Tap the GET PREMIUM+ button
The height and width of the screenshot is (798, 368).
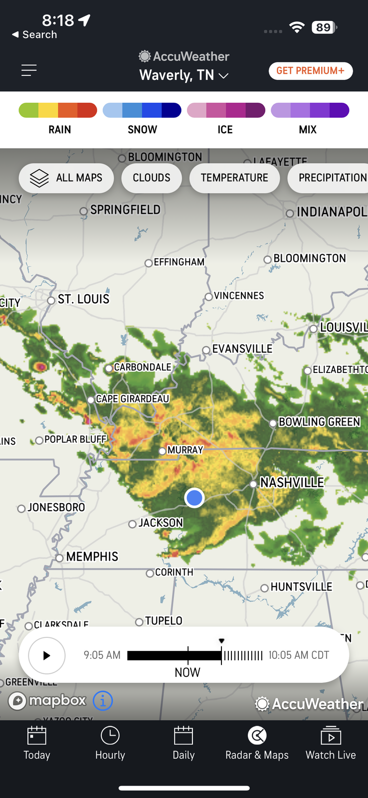pyautogui.click(x=311, y=71)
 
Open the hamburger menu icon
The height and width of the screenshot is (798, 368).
pyautogui.click(x=29, y=70)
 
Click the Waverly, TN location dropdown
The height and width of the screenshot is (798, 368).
pyautogui.click(x=184, y=75)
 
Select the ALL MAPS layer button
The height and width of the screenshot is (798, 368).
pyautogui.click(x=66, y=178)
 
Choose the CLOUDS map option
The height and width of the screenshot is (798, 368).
pyautogui.click(x=152, y=178)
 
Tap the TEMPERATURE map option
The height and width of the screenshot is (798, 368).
pyautogui.click(x=234, y=178)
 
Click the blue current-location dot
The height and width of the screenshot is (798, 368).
pyautogui.click(x=194, y=497)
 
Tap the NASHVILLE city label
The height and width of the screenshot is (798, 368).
pyautogui.click(x=292, y=482)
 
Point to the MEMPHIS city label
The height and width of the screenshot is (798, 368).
pyautogui.click(x=92, y=557)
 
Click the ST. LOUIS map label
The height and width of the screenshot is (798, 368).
pyautogui.click(x=83, y=299)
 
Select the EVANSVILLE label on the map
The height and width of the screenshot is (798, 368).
pyautogui.click(x=242, y=349)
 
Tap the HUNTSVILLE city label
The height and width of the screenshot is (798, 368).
pyautogui.click(x=301, y=587)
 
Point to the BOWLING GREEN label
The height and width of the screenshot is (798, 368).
pyautogui.click(x=319, y=422)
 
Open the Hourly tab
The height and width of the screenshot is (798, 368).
pyautogui.click(x=110, y=743)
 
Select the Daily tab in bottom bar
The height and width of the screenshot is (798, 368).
pyautogui.click(x=184, y=743)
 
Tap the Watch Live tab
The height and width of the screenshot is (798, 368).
pyautogui.click(x=331, y=743)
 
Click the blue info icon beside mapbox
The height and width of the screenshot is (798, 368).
pyautogui.click(x=103, y=701)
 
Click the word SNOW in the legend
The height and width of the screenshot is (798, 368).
pyautogui.click(x=142, y=130)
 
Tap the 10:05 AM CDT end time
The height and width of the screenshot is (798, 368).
pyautogui.click(x=299, y=655)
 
